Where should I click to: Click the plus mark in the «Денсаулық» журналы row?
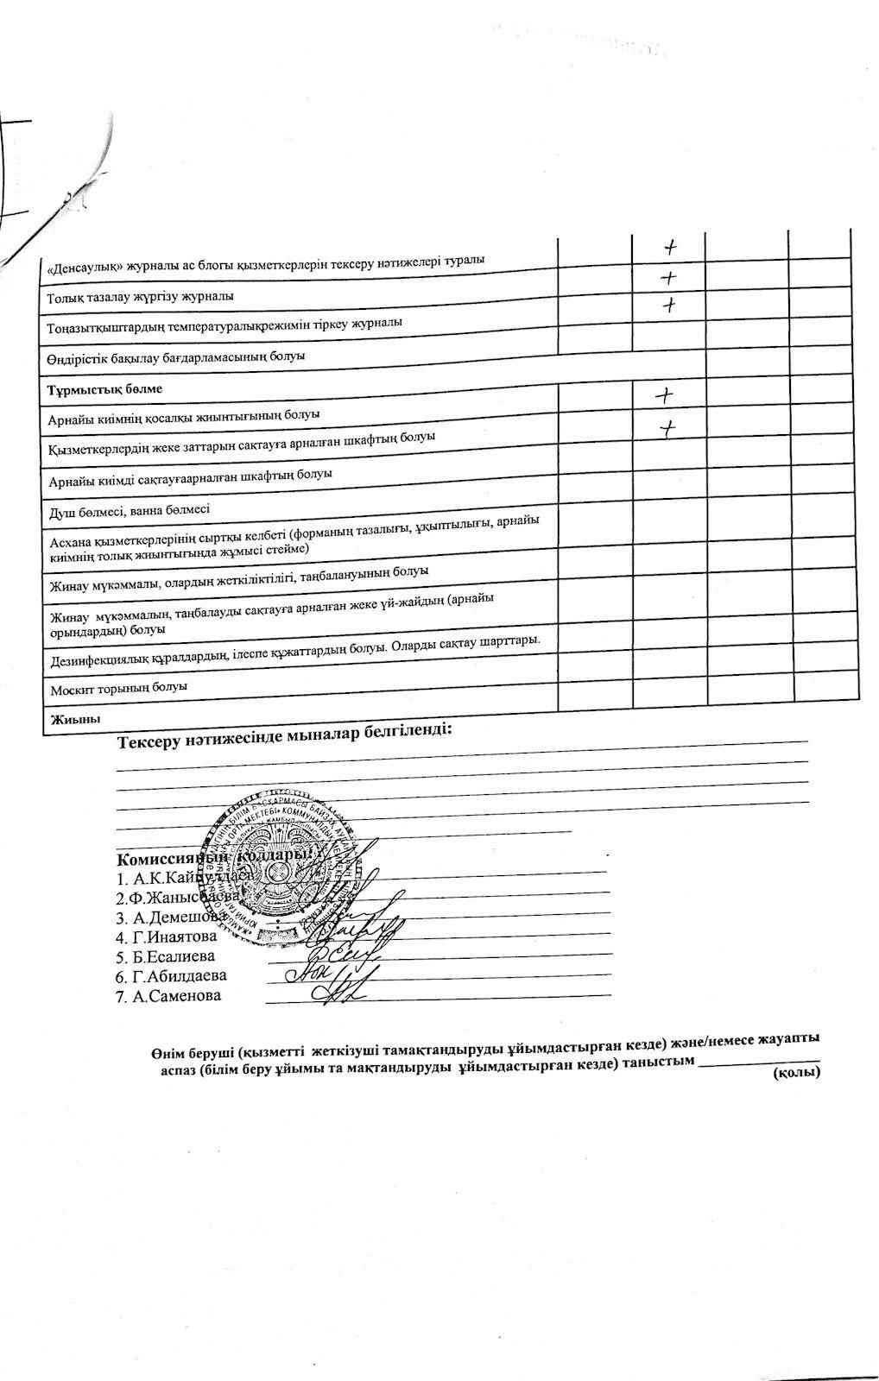pos(669,247)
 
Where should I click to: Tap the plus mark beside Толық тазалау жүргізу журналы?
pos(667,278)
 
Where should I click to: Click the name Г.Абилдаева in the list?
pos(172,976)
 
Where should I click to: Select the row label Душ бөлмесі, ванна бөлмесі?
pos(130,510)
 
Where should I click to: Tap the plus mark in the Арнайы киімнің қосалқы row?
pos(664,396)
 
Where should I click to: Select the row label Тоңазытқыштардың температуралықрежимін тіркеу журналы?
pos(224,325)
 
